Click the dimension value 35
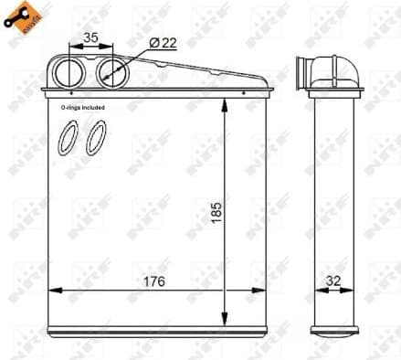pyautogui.click(x=91, y=38)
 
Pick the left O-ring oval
pyautogui.click(x=67, y=138)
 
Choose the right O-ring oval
pyautogui.click(x=95, y=138)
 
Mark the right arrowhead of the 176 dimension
pyautogui.click(x=268, y=291)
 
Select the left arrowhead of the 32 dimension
pyautogui.click(x=317, y=291)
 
